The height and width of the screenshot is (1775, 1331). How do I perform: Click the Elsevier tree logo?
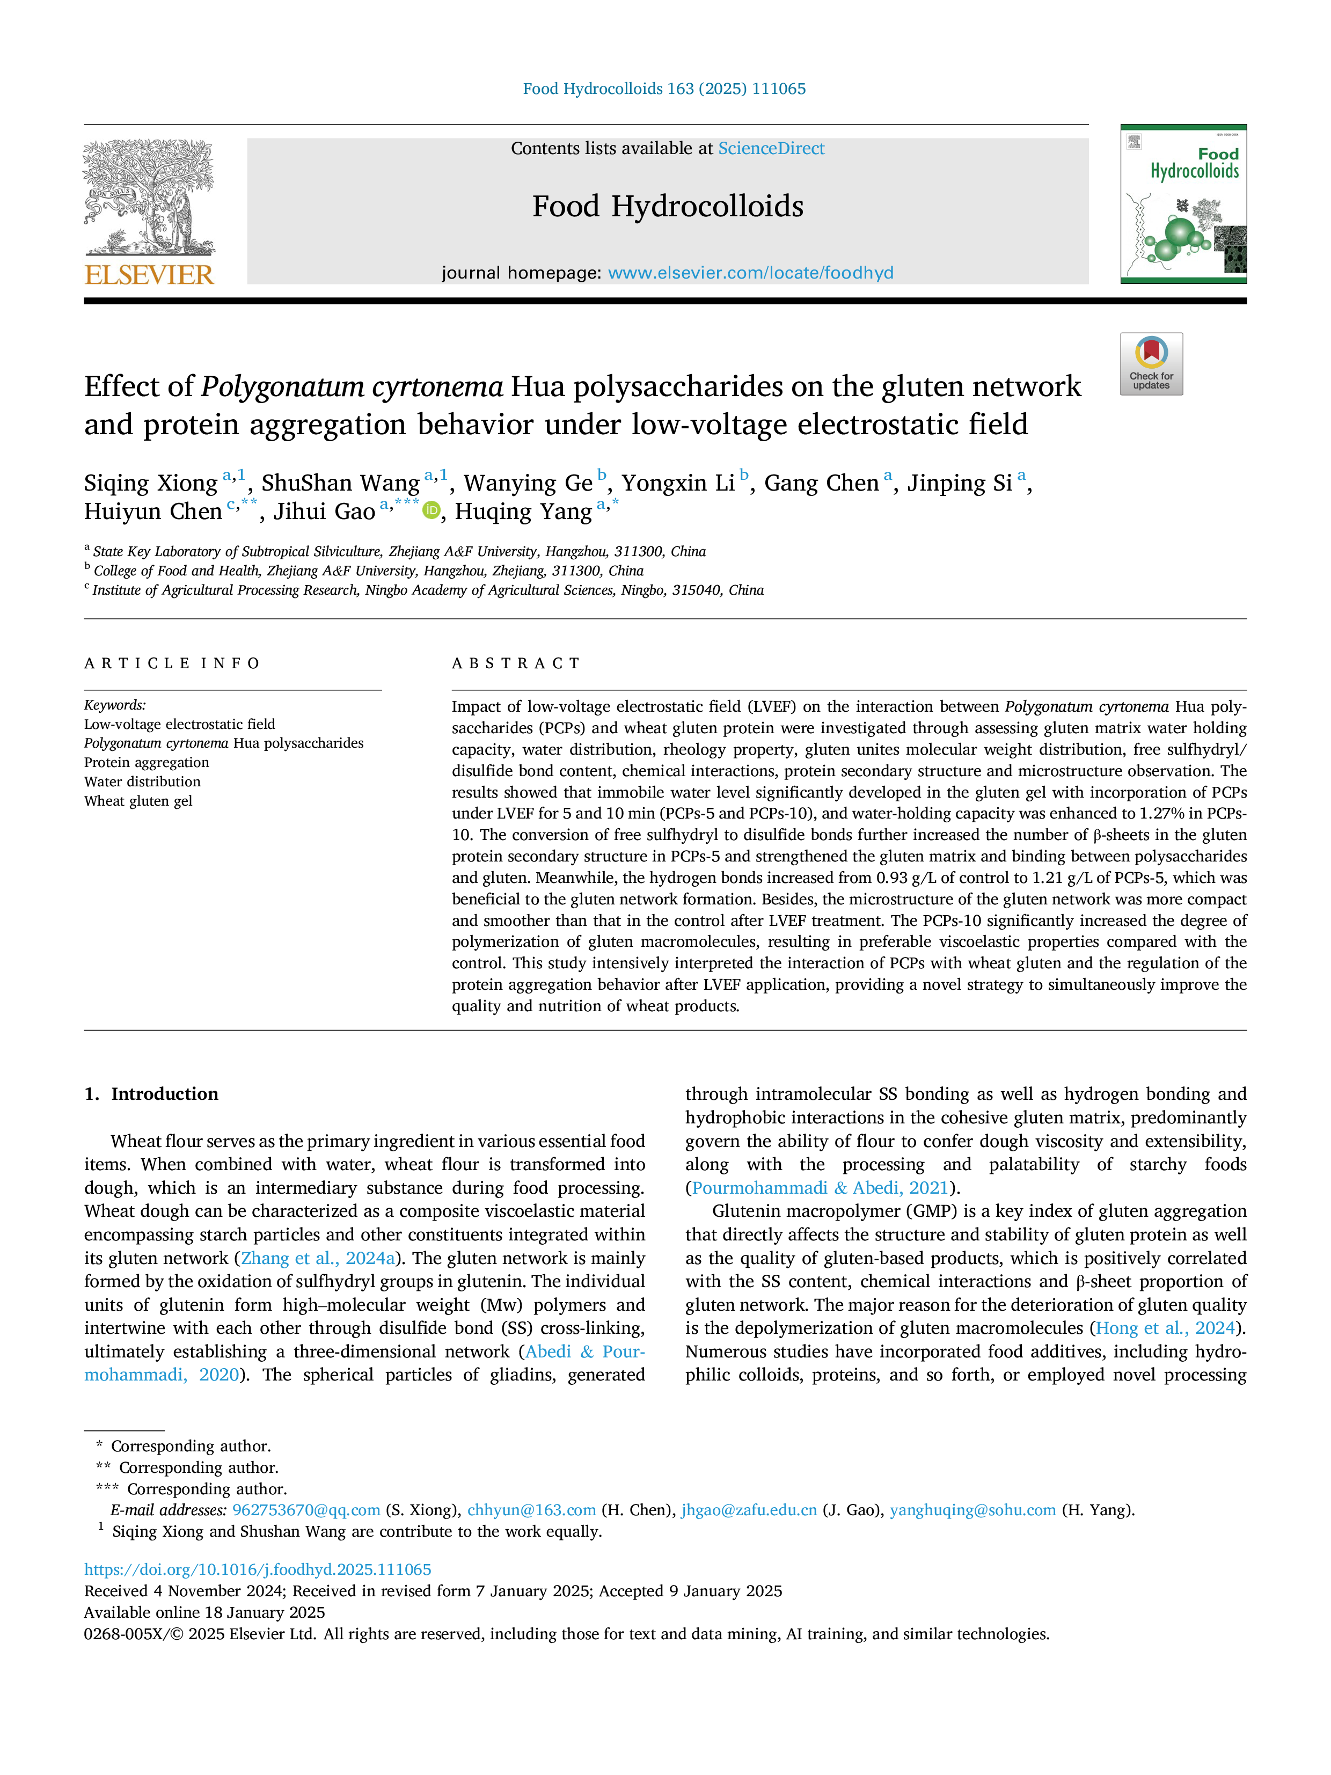tap(149, 198)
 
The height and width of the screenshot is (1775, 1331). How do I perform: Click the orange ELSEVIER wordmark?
tap(149, 275)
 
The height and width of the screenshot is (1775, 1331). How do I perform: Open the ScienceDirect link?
tap(771, 149)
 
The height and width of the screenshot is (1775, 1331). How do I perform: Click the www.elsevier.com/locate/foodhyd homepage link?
tap(751, 273)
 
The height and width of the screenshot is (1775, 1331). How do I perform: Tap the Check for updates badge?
tap(1151, 363)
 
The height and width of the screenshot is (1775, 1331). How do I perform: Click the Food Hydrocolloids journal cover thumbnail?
tap(1183, 204)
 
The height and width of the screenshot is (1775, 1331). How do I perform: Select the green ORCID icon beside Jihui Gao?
tap(432, 510)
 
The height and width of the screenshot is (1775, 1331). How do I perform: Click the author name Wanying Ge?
tap(528, 483)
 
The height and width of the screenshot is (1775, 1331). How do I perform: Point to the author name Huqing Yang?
tap(523, 512)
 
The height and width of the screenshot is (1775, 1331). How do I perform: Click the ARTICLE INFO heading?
tap(172, 663)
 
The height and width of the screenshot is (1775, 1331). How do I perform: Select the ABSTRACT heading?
tap(516, 663)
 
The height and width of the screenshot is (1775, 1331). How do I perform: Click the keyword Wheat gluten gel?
tap(138, 801)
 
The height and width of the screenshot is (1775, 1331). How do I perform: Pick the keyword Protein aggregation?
tap(147, 762)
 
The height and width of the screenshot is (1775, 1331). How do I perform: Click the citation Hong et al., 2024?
tap(1166, 1328)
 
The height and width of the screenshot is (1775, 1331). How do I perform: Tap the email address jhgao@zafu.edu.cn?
tap(749, 1510)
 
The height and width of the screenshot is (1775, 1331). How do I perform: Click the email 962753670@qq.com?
tap(306, 1510)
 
